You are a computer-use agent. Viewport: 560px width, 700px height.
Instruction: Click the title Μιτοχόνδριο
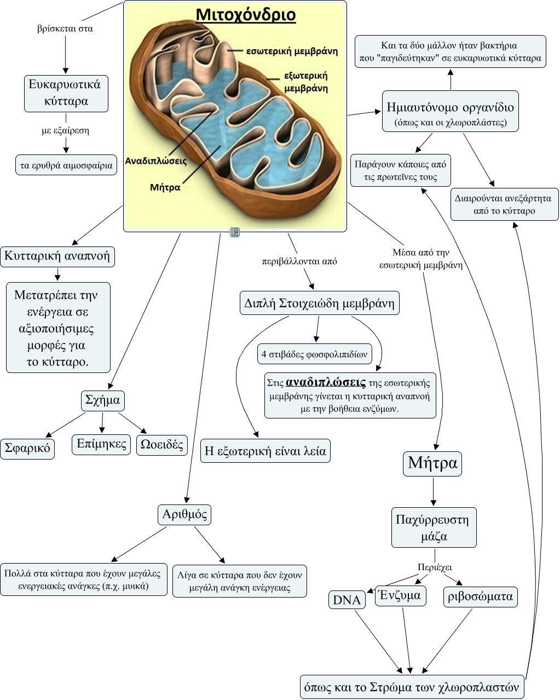coord(246,15)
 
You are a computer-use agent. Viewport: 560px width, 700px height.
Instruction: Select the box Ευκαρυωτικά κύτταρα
coord(66,93)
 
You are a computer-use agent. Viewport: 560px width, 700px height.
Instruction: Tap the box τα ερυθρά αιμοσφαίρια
coord(66,165)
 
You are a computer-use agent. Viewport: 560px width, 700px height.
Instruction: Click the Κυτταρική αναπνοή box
coord(57,256)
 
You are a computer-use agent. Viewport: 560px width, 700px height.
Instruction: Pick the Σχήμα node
coord(103,400)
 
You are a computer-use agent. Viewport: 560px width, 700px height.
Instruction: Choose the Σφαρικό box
coord(27,449)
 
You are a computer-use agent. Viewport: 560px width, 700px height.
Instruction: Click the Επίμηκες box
coord(102,444)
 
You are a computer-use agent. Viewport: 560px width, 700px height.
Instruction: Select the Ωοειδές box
coord(162,444)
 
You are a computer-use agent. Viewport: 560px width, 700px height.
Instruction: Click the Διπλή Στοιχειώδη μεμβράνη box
coord(320,303)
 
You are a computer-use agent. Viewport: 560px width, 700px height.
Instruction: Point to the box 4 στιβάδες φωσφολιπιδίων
coord(315,354)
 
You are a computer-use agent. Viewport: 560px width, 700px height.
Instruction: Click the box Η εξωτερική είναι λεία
coord(265,451)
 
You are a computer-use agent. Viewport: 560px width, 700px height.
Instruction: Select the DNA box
coord(347,600)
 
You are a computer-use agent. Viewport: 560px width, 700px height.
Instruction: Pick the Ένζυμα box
coord(401,595)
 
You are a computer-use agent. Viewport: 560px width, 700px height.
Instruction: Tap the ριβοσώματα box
coord(481,596)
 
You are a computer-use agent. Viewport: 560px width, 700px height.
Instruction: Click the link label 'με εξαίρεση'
coord(66,131)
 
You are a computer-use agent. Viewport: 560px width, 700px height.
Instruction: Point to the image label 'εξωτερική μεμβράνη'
coord(306,81)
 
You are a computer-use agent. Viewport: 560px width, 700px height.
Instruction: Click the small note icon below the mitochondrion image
coord(235,232)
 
